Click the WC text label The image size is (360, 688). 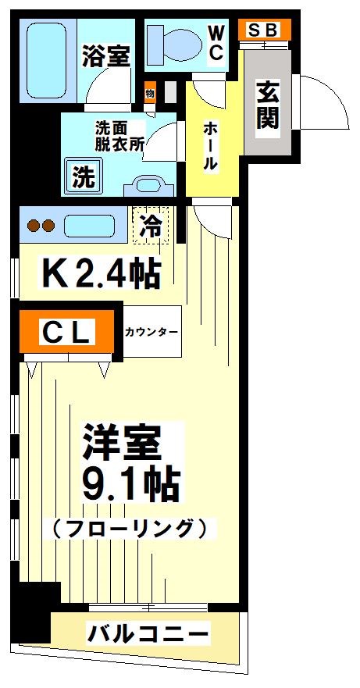(x=216, y=42)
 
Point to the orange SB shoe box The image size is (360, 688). (x=264, y=30)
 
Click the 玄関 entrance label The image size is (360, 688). (x=267, y=105)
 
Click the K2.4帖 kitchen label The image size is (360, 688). (x=101, y=273)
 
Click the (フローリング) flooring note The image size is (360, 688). (x=130, y=529)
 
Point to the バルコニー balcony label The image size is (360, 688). (x=148, y=632)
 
